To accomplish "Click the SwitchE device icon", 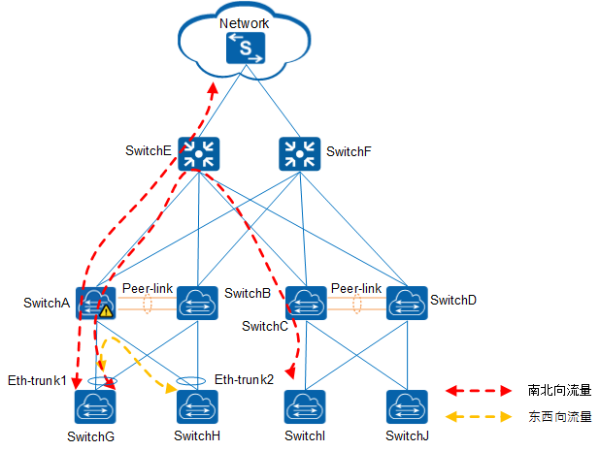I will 199,153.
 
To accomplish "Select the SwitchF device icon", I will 298,153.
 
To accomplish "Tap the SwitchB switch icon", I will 197,302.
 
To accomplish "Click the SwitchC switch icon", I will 306,302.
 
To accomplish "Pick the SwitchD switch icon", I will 406,302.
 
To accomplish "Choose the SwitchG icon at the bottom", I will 95,405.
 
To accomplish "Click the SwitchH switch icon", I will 197,405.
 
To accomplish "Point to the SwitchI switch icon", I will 306,405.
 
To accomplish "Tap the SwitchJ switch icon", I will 406,405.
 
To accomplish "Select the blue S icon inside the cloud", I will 246,48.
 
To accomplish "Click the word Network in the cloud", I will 245,22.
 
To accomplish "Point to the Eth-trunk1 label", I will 37,379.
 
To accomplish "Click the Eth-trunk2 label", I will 245,379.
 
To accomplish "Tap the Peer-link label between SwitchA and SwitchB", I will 148,288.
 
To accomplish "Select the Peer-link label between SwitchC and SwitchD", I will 356,288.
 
